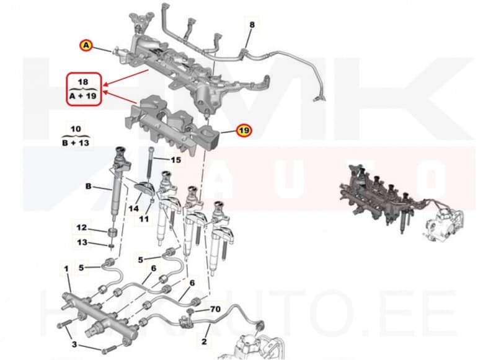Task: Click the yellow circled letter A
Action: pyautogui.click(x=86, y=45)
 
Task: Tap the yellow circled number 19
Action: pyautogui.click(x=244, y=130)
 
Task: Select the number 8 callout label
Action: pyautogui.click(x=252, y=25)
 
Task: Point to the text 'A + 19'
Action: pyautogui.click(x=82, y=97)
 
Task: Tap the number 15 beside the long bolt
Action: pyautogui.click(x=175, y=160)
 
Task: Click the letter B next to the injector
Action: pyautogui.click(x=88, y=185)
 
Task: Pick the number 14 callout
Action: pyautogui.click(x=134, y=209)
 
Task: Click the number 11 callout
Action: pyautogui.click(x=144, y=219)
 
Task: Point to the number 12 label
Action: pyautogui.click(x=82, y=227)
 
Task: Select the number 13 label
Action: pyautogui.click(x=82, y=242)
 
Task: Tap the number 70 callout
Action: pyautogui.click(x=215, y=308)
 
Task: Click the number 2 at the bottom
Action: pyautogui.click(x=204, y=341)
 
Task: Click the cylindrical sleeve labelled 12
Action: pyautogui.click(x=112, y=235)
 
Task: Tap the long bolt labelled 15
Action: pyautogui.click(x=151, y=164)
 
